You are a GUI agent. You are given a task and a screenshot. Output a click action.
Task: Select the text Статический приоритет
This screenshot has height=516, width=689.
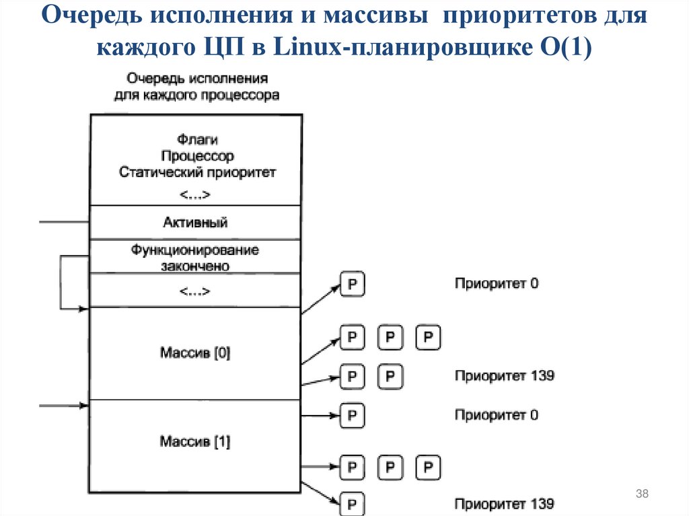pyautogui.click(x=196, y=172)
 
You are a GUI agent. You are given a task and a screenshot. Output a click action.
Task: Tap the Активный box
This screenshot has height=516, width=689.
pyautogui.click(x=195, y=222)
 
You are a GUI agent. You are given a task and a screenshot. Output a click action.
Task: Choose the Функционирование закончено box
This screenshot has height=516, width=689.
pyautogui.click(x=195, y=258)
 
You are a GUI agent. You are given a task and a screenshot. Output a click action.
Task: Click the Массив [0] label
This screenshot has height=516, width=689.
pyautogui.click(x=195, y=353)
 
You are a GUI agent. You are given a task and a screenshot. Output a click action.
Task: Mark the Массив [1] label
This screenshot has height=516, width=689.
pyautogui.click(x=195, y=442)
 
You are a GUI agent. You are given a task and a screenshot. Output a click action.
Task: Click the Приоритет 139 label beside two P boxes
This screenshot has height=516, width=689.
pyautogui.click(x=504, y=375)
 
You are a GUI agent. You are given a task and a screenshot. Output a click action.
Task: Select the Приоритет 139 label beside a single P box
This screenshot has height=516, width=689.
pyautogui.click(x=504, y=503)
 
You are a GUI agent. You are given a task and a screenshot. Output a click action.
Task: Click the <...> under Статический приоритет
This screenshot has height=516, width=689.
pyautogui.click(x=196, y=195)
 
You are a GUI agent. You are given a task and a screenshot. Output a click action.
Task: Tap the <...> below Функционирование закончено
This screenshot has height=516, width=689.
pyautogui.click(x=196, y=291)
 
